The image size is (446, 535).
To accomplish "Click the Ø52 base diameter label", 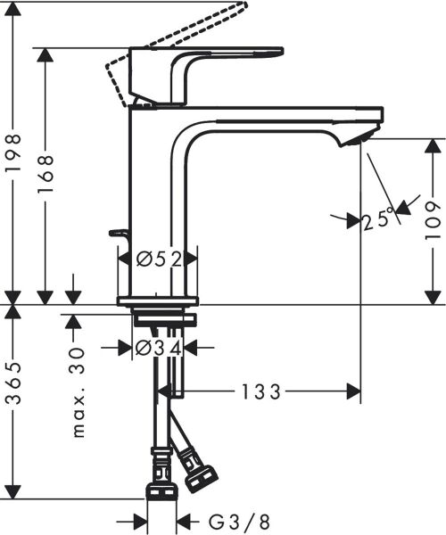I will tap(160, 259).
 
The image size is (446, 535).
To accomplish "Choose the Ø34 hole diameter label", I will tap(160, 348).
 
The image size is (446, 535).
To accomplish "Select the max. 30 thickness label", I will tap(78, 392).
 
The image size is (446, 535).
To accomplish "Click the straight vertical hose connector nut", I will tap(161, 491).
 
